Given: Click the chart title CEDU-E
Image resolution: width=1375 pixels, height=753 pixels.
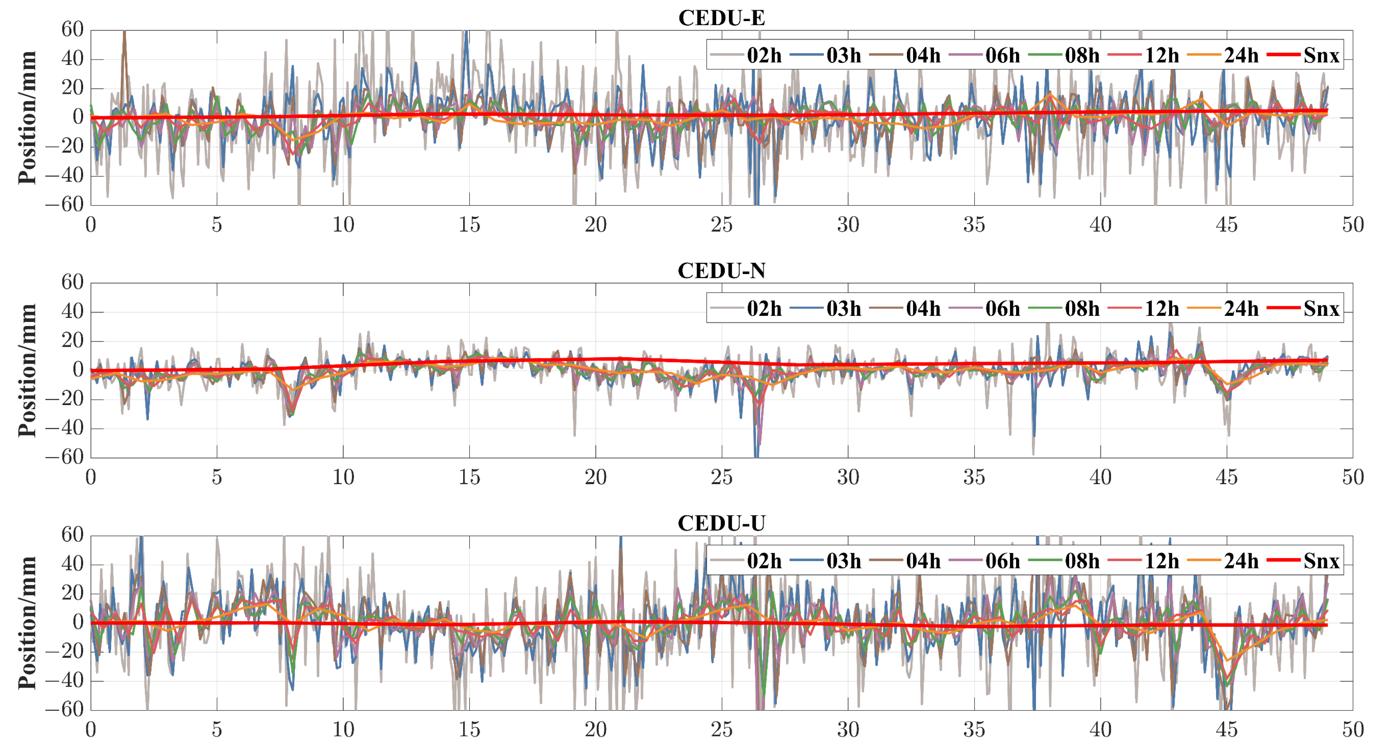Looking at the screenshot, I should point(721,18).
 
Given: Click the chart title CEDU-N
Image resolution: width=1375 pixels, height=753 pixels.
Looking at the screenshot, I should point(721,271).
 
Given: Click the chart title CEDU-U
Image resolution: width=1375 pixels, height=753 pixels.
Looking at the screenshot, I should point(721,523).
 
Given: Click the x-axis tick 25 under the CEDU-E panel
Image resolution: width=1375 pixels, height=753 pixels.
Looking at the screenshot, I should point(721,225).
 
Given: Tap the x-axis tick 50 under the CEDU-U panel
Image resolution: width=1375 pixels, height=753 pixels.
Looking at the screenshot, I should point(1353,729).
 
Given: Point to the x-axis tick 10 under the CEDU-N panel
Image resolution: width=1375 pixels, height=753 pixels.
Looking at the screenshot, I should point(343,478).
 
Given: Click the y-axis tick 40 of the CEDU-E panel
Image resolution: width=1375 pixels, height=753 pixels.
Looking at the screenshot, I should point(72,59).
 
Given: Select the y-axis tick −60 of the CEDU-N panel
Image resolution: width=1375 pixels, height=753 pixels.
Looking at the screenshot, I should point(64,457).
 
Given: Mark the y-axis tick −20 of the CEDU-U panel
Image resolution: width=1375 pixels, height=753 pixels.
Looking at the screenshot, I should point(64,652).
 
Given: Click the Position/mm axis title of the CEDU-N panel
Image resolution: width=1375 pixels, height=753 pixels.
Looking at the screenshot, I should point(27,370).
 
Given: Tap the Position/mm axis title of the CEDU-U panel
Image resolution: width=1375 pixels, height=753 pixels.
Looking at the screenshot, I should point(27,623).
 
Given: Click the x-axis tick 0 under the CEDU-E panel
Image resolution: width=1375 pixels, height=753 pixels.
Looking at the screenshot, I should point(91,225).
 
